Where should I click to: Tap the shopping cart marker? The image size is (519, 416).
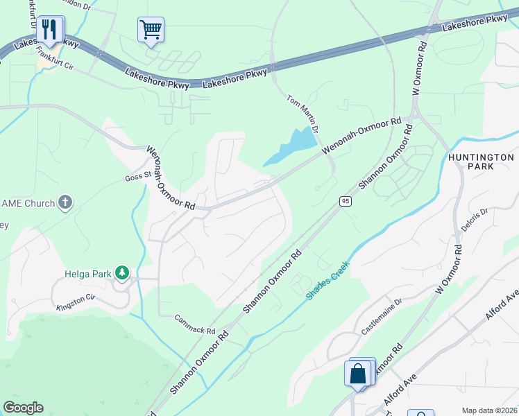pyautogui.click(x=151, y=30)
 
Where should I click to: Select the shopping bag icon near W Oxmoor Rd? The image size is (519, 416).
pyautogui.click(x=359, y=374)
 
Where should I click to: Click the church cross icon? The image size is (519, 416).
pyautogui.click(x=65, y=203)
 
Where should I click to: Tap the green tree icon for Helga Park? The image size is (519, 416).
pyautogui.click(x=123, y=273)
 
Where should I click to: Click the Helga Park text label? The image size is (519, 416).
pyautogui.click(x=88, y=274)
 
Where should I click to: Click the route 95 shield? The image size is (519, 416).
pyautogui.click(x=345, y=201)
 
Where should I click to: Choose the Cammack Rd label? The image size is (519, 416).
pyautogui.click(x=195, y=327)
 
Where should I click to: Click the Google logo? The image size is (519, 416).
pyautogui.click(x=23, y=408)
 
